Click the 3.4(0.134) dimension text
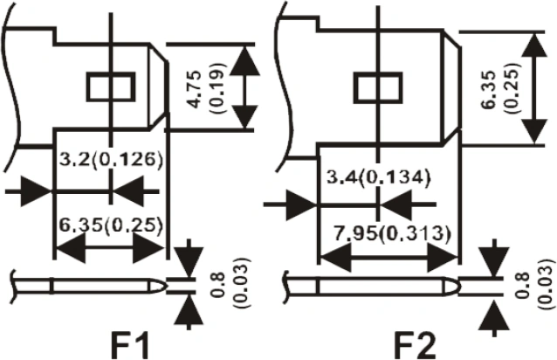[378, 178]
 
